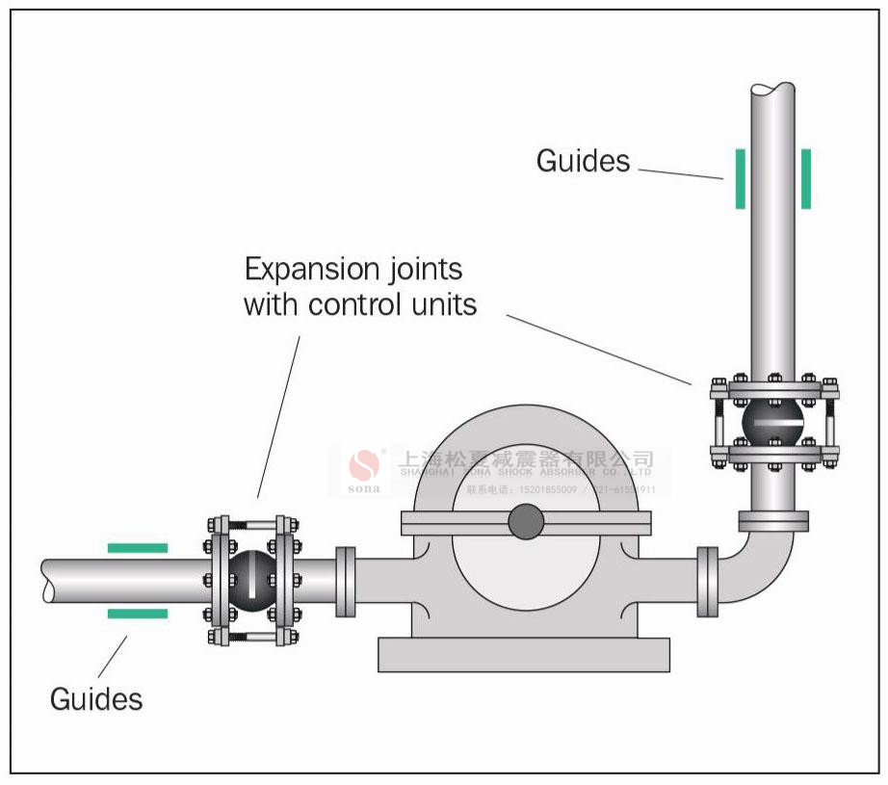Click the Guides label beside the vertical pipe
point(583,161)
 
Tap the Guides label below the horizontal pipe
point(96,698)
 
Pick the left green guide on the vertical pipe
point(740,179)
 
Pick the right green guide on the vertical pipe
point(805,179)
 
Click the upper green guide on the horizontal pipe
point(137,548)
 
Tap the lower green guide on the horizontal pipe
point(137,614)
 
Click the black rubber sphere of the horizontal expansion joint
point(251,581)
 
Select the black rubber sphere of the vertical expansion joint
point(773,421)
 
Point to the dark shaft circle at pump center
point(526,522)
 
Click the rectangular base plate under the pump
point(524,654)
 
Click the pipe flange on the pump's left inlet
point(346,581)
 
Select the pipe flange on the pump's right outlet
point(708,581)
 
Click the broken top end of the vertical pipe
point(773,90)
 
